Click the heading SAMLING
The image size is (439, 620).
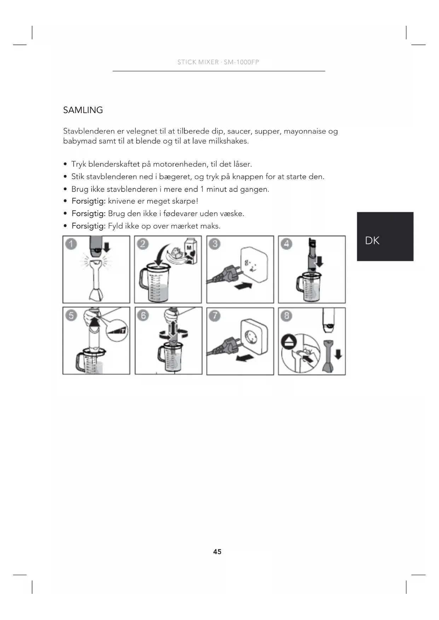click(83, 110)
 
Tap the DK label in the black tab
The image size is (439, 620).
click(372, 241)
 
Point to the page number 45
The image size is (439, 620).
click(217, 552)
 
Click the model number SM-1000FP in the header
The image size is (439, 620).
click(241, 62)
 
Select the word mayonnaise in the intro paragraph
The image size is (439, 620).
click(305, 131)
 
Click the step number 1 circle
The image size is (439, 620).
click(71, 244)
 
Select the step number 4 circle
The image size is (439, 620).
click(286, 244)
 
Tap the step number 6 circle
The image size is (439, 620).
click(143, 315)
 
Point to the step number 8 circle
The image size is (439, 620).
click(286, 315)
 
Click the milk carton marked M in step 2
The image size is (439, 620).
click(190, 251)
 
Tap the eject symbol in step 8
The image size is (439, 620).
click(287, 342)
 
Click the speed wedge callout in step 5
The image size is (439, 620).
click(117, 330)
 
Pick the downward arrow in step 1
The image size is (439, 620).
click(106, 247)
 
